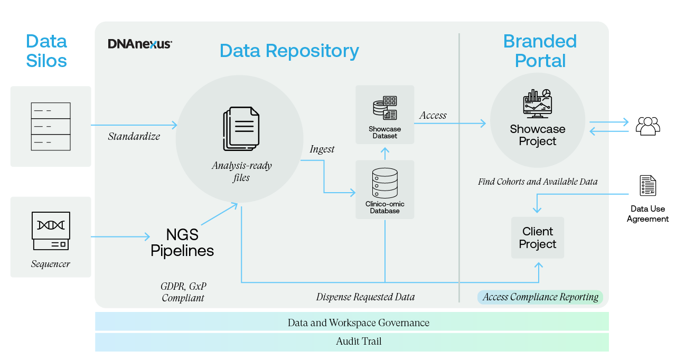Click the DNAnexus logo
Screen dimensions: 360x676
139,44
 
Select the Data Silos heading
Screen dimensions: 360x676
46,51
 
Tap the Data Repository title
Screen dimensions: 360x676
289,51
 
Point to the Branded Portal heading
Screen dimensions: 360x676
540,51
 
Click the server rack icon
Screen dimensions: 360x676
51,127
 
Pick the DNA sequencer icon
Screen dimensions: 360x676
51,231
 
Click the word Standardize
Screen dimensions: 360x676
134,136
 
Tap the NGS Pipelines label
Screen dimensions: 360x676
182,242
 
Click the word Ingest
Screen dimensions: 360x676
322,149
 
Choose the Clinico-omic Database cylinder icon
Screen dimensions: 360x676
384,183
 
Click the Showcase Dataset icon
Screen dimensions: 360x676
384,108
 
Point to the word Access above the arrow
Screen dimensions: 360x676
433,115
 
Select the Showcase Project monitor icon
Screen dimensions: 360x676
537,103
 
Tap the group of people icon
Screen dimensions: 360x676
647,126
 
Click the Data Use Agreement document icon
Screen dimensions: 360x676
647,185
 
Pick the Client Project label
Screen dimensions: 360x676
538,238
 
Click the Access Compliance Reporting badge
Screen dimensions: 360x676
540,297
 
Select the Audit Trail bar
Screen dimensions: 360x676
352,342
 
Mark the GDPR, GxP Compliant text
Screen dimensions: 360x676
183,292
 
